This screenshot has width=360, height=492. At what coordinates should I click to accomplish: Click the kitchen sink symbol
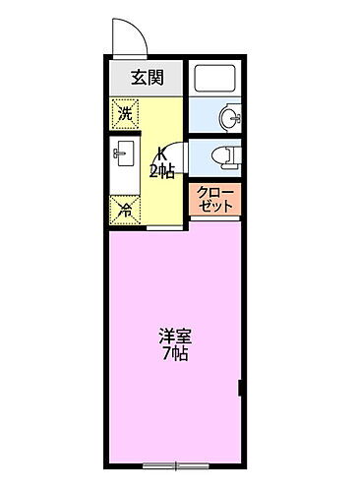point(125,154)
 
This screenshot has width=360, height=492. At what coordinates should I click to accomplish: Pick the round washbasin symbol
point(228,118)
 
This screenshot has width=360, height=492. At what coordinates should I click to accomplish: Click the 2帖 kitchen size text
point(161,171)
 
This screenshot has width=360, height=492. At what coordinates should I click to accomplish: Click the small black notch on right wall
point(241,387)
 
